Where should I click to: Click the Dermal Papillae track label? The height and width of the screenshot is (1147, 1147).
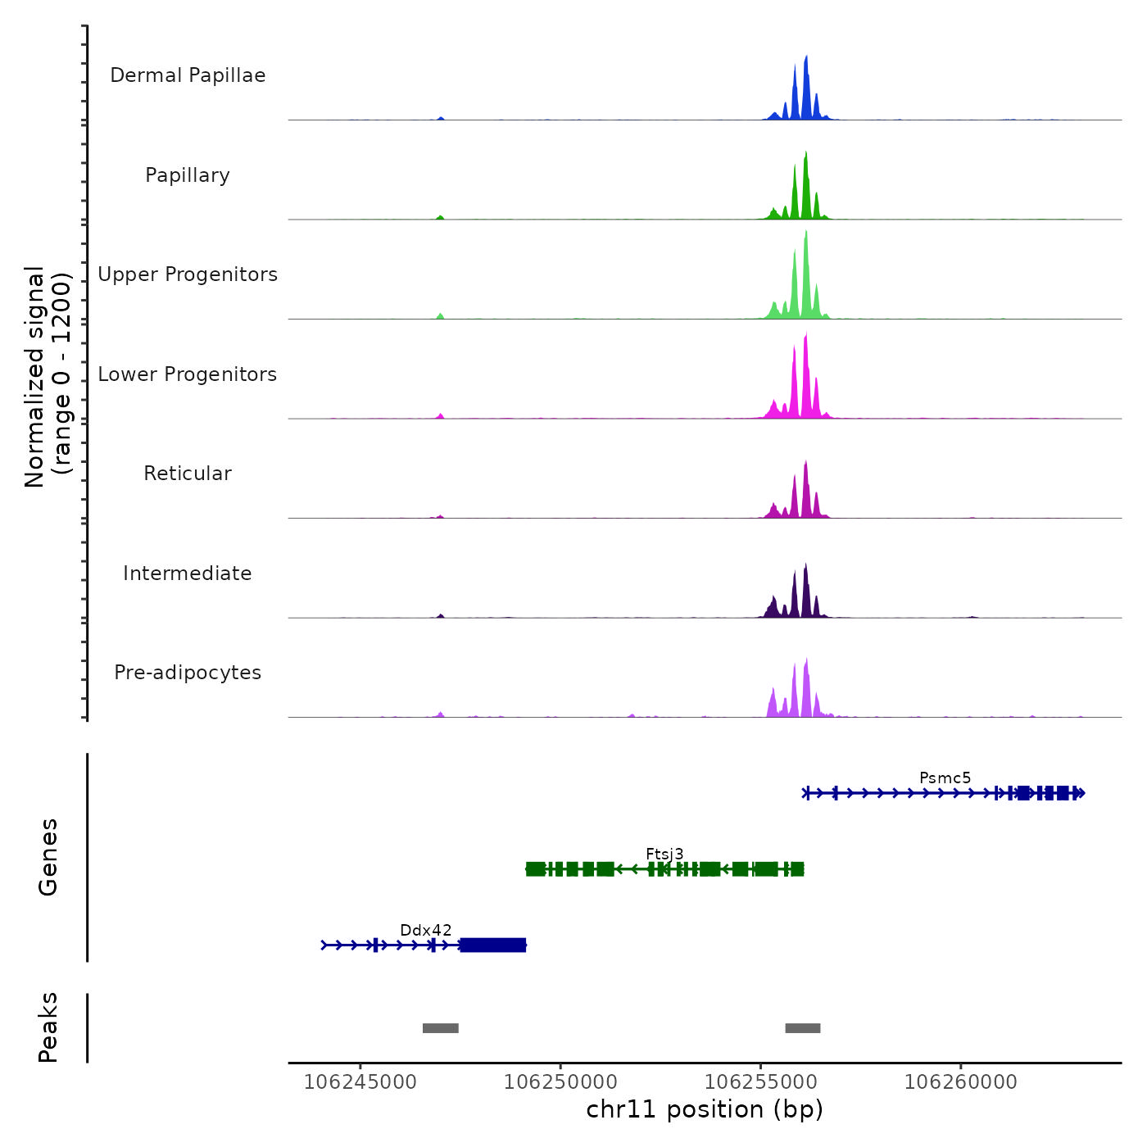pos(188,75)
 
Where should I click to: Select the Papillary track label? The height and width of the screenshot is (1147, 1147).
pos(188,175)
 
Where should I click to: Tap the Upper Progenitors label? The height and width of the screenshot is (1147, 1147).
pos(188,274)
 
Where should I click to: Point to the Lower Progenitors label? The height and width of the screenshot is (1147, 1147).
pos(188,374)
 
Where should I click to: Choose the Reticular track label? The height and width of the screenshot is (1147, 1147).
pos(188,474)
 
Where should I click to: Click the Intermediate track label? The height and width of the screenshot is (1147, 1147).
pos(188,573)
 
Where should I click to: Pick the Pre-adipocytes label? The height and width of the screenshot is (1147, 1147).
pos(188,673)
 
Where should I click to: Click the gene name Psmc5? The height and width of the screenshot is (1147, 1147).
pos(945,778)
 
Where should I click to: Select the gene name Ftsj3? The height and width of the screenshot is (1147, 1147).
pos(664,854)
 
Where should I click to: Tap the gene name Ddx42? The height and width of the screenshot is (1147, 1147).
pos(425,930)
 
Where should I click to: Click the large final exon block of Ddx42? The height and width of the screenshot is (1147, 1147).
pos(493,945)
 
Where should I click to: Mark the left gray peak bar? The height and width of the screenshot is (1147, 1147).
pos(441,1028)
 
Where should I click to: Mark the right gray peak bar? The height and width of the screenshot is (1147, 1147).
pos(803,1028)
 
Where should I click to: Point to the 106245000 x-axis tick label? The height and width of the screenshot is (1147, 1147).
pos(360,1082)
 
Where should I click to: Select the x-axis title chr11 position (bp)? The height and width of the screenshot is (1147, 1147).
pos(705,1109)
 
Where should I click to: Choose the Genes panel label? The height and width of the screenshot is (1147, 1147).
pos(48,857)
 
